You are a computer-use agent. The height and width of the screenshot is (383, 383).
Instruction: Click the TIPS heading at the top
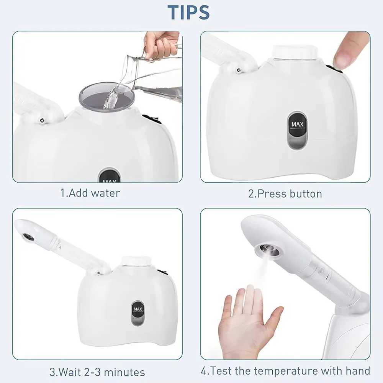(x=188, y=12)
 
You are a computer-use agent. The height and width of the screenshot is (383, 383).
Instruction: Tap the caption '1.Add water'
(x=90, y=193)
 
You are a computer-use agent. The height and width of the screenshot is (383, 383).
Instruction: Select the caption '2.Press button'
(x=285, y=193)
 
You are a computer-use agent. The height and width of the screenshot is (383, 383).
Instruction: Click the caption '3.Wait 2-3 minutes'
(x=97, y=372)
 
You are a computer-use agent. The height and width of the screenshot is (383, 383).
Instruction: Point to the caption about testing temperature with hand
(x=285, y=371)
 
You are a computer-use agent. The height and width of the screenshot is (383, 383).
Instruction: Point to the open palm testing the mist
(x=245, y=322)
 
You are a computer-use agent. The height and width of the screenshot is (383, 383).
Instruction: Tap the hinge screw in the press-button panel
(x=238, y=70)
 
